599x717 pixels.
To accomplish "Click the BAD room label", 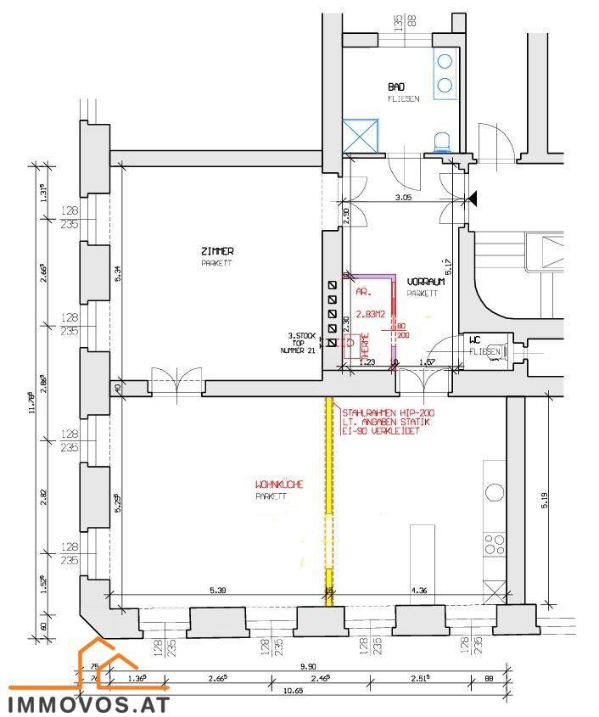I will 396,87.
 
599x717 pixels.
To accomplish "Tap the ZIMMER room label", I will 217,251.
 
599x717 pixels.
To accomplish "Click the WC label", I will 474,340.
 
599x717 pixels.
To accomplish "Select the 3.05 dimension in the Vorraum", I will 404,197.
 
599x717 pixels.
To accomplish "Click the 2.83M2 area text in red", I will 370,314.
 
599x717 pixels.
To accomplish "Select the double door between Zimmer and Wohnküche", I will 176,382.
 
